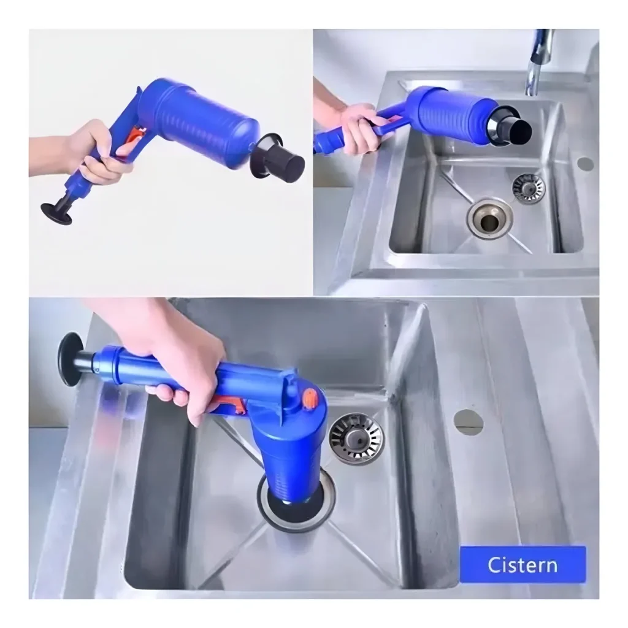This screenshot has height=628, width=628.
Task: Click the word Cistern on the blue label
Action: (x=523, y=565)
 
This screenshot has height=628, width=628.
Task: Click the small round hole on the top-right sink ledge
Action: (x=585, y=164)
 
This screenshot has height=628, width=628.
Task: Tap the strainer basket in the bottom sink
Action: (x=356, y=438)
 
